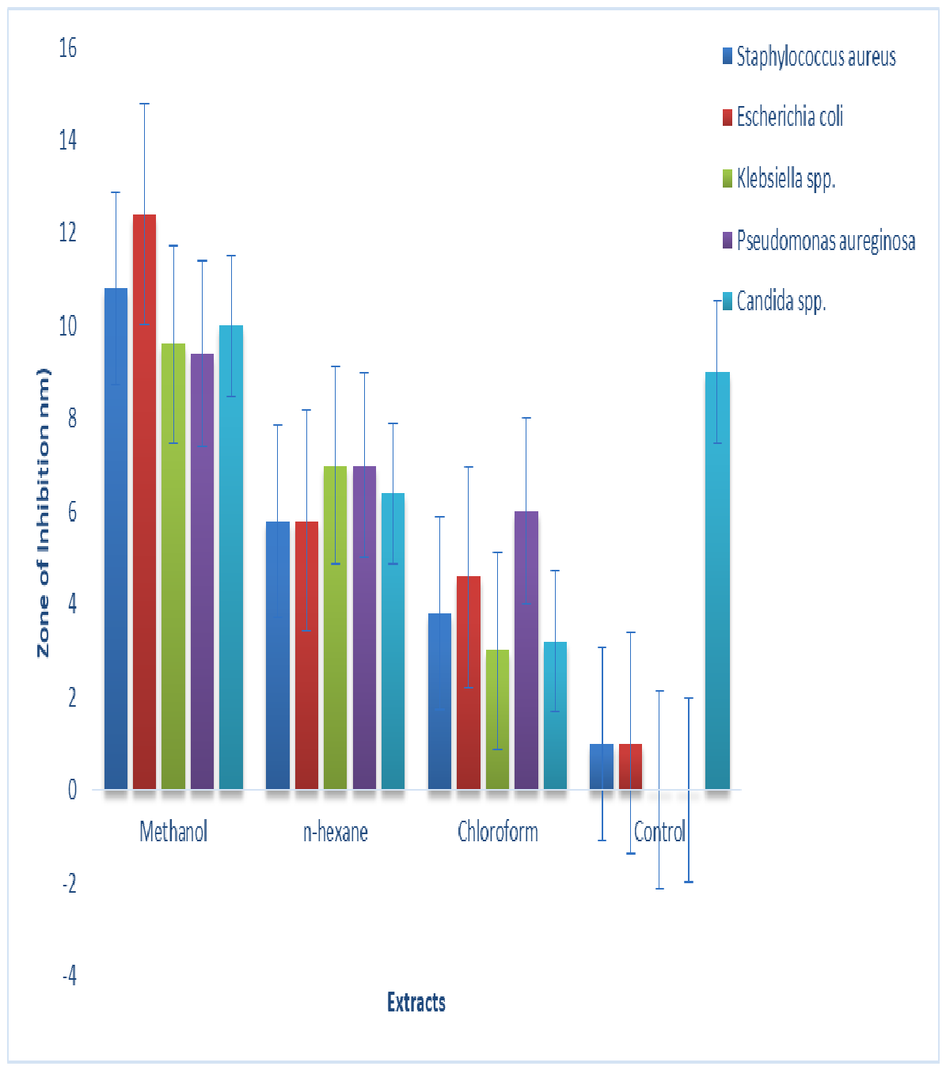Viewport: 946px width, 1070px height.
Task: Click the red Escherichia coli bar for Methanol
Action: click(144, 502)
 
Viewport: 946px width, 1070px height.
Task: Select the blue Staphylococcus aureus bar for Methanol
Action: click(116, 539)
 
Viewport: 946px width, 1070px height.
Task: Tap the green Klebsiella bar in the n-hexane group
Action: click(336, 628)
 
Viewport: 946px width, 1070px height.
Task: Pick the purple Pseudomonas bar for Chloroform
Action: click(526, 650)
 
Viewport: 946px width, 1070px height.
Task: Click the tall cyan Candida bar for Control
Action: click(717, 580)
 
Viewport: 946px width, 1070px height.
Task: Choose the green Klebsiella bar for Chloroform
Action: click(498, 719)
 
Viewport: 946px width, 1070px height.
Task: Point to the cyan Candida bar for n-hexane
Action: click(393, 641)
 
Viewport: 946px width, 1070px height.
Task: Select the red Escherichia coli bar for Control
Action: click(630, 766)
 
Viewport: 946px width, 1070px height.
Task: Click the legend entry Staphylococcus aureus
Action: click(809, 56)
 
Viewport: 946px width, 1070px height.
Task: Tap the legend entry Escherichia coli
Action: click(782, 116)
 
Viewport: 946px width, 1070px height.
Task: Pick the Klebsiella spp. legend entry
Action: click(778, 179)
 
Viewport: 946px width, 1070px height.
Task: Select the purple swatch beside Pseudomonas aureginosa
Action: click(728, 240)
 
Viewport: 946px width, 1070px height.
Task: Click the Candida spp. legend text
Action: click(781, 302)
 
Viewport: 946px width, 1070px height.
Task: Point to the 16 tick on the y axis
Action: click(67, 48)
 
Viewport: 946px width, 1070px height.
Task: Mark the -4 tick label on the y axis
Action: click(69, 974)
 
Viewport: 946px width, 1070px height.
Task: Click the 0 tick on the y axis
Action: click(72, 790)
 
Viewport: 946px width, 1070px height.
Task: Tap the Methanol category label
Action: click(173, 831)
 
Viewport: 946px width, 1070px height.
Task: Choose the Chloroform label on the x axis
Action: click(498, 831)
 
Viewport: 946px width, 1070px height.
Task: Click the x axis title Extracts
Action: click(416, 1002)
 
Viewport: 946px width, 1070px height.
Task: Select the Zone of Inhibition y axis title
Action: click(44, 512)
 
